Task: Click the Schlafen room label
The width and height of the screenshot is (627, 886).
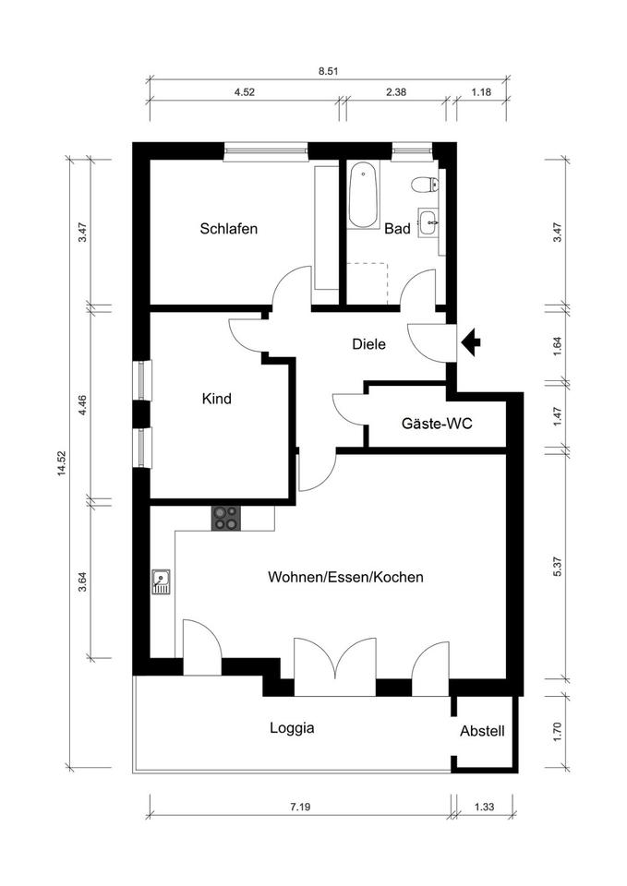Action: (228, 229)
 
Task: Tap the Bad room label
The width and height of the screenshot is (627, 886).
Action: (397, 229)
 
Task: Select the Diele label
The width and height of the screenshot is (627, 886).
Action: (368, 344)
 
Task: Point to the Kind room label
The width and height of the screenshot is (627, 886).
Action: (216, 400)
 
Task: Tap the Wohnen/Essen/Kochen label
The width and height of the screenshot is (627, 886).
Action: (345, 578)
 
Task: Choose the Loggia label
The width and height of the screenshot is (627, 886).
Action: (292, 727)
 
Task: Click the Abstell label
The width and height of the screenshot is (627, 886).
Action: (482, 731)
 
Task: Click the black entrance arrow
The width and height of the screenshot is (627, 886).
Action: (471, 343)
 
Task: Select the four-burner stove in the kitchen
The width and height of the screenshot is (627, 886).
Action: (225, 519)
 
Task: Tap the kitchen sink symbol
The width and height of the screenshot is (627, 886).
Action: (162, 581)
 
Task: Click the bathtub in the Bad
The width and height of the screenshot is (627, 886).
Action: (363, 196)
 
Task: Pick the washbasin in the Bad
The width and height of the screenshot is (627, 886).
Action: (428, 221)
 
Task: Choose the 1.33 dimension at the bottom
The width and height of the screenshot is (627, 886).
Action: (483, 808)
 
